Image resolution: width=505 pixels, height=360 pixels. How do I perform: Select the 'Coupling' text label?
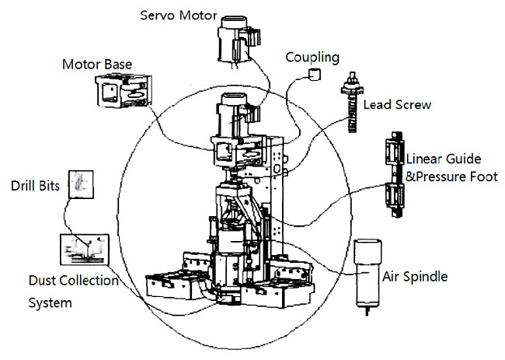click(x=312, y=57)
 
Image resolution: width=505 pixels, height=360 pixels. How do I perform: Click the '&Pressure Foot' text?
click(x=451, y=177)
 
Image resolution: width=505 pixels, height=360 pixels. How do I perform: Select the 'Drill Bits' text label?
click(x=35, y=187)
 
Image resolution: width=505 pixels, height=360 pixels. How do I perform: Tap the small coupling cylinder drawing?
click(x=315, y=74)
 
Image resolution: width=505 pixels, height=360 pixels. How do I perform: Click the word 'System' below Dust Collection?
click(x=50, y=301)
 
